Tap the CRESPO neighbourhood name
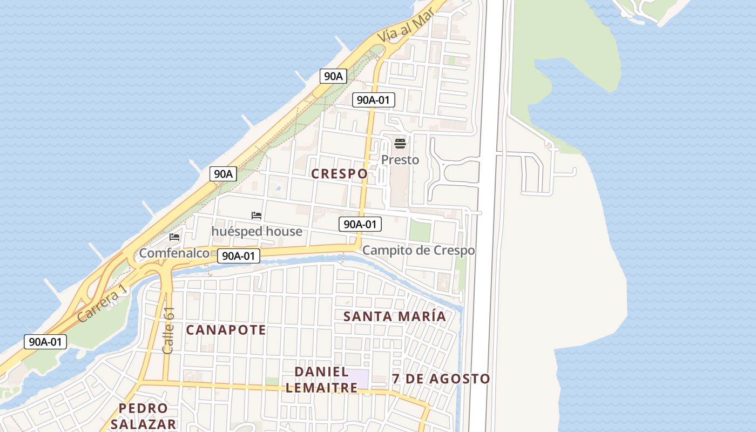[340, 173]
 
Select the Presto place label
[400, 160]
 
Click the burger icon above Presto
[400, 144]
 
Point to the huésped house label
[256, 232]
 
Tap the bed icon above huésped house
[256, 215]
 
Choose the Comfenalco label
[174, 253]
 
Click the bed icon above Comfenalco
[174, 237]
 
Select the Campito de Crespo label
[418, 251]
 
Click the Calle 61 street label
[168, 330]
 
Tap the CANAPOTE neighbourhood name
[226, 330]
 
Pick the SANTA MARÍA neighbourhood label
[395, 316]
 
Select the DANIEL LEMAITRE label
[321, 380]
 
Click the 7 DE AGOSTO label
[441, 379]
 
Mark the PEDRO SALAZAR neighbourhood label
[143, 416]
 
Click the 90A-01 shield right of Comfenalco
[238, 256]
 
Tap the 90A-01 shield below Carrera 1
[45, 341]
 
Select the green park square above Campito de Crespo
[420, 231]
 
